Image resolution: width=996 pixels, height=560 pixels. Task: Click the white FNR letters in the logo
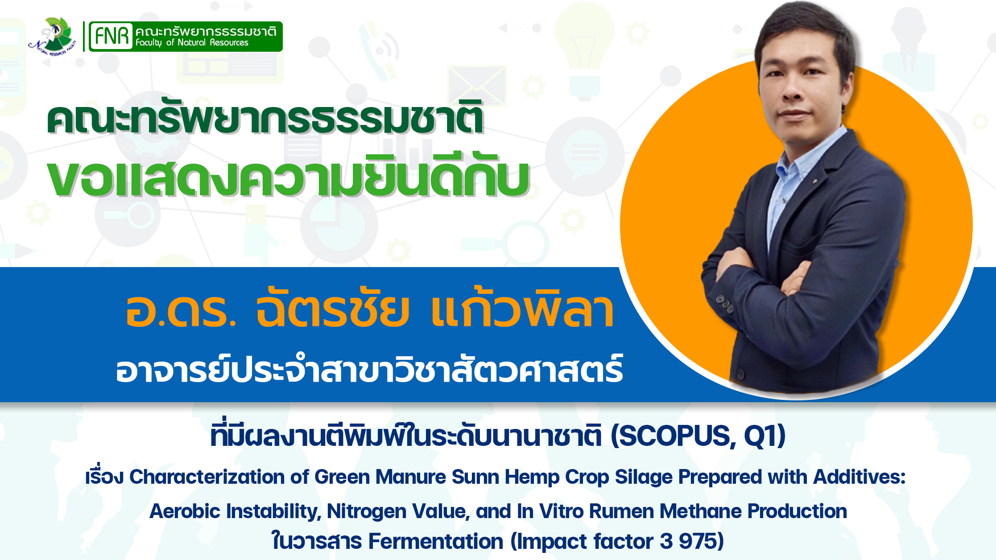pos(112,36)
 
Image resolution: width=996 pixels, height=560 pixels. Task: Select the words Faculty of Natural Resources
pos(192,43)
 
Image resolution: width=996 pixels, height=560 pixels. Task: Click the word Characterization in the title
pos(207,477)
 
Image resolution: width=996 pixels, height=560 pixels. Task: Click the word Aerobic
pos(185,511)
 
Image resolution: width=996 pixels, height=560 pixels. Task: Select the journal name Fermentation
pos(436,541)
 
